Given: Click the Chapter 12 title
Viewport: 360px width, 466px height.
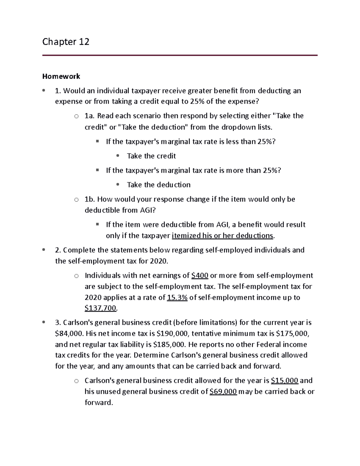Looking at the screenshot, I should pyautogui.click(x=66, y=41).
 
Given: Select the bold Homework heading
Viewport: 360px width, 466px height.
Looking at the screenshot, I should pyautogui.click(x=61, y=76).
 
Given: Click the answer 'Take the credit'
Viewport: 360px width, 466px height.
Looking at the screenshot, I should pyautogui.click(x=151, y=156).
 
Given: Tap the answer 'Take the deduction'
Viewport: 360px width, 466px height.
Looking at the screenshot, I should pyautogui.click(x=158, y=185).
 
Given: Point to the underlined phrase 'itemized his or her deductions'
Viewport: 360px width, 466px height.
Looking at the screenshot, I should pyautogui.click(x=222, y=236).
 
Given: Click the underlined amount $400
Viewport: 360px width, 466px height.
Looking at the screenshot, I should pyautogui.click(x=199, y=275).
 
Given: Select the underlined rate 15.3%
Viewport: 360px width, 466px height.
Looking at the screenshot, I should pyautogui.click(x=177, y=298).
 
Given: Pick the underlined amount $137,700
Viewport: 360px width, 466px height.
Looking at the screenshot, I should pyautogui.click(x=100, y=308).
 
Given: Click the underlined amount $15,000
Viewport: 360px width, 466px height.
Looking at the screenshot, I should pyautogui.click(x=284, y=380).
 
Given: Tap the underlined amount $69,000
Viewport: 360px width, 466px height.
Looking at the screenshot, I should pyautogui.click(x=223, y=392).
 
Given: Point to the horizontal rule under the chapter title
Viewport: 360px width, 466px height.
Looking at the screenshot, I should pyautogui.click(x=180, y=55).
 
